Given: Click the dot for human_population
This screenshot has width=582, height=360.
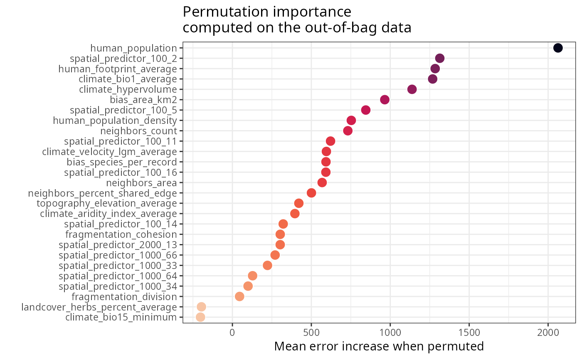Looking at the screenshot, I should (x=558, y=48).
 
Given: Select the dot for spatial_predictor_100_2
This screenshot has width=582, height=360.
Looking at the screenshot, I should (x=439, y=58).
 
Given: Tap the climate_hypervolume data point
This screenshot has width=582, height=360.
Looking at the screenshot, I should (x=412, y=89).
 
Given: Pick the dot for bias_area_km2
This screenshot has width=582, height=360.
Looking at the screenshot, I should (x=385, y=100).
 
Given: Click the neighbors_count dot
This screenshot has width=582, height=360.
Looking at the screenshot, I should (x=348, y=131).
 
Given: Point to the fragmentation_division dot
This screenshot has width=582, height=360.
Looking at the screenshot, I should (x=239, y=296).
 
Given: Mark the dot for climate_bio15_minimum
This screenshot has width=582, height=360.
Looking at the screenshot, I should (x=200, y=317).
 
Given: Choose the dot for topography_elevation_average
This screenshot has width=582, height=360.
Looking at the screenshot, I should (x=298, y=203).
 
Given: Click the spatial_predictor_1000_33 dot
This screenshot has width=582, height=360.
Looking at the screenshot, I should (x=267, y=265).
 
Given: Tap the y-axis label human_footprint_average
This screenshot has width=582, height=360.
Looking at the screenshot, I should (x=118, y=69).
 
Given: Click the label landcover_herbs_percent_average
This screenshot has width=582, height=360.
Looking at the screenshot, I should (x=99, y=307).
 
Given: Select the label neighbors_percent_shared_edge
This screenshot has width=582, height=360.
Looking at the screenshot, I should (x=102, y=193).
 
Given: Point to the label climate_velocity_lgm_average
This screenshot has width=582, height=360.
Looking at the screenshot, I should (x=109, y=151).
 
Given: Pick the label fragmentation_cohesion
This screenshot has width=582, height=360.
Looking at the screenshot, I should (x=121, y=234).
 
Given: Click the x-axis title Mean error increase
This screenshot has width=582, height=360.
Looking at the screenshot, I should (x=379, y=346).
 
